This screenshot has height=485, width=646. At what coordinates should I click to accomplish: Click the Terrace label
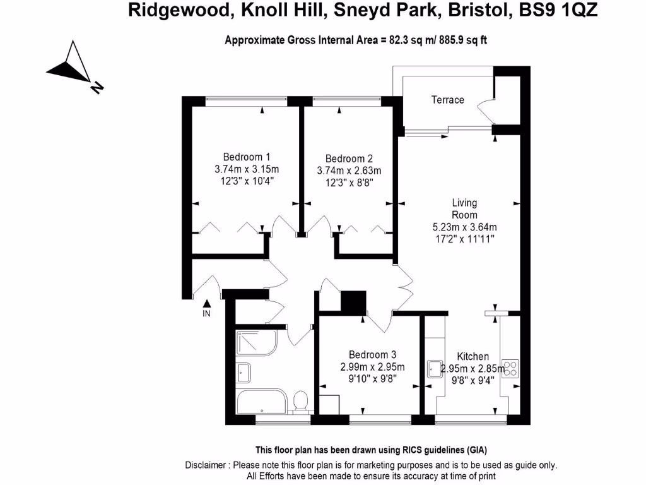pos(447,100)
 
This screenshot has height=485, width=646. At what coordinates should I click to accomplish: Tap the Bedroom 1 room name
pos(247,157)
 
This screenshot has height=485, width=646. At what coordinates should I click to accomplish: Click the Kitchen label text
pos(473,356)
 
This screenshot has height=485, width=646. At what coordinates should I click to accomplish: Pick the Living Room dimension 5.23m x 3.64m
pos(464,227)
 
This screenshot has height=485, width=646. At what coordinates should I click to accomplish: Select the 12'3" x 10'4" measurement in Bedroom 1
pos(247,181)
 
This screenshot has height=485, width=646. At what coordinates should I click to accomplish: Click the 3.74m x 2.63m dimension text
pos(349,171)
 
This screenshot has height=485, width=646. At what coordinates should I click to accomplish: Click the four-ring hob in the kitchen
pos(510,368)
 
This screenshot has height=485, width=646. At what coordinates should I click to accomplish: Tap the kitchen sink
pos(433,368)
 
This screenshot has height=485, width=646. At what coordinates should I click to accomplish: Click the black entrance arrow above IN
pos(206,303)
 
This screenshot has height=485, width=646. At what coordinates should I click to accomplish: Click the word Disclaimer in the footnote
pos(206,465)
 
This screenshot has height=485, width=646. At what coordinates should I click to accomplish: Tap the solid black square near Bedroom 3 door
pos(353,301)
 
